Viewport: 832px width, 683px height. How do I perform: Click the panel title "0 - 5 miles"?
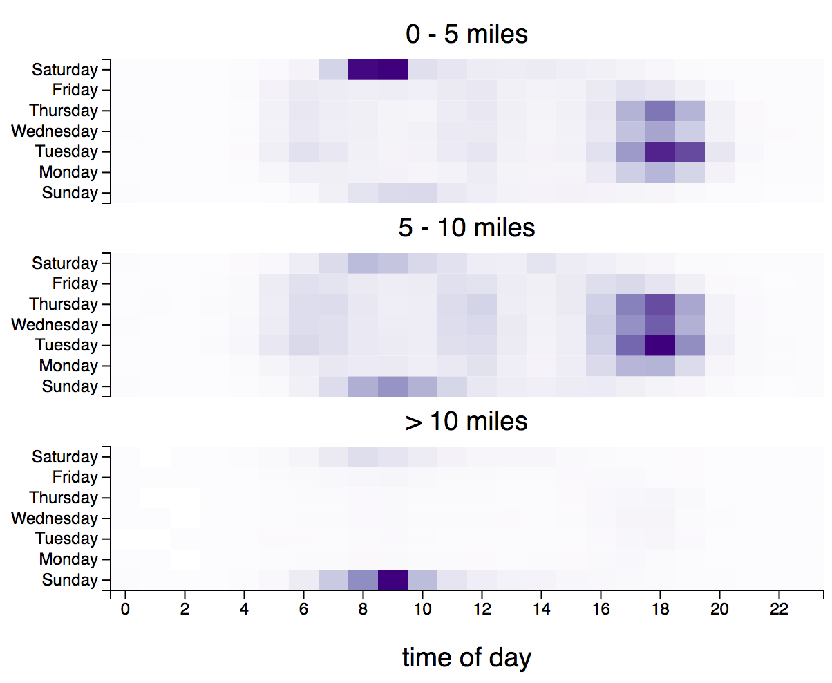coord(466,34)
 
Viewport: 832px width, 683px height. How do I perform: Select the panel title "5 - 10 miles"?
coord(466,227)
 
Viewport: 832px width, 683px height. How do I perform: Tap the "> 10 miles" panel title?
coord(466,421)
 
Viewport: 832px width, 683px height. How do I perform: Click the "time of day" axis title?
coord(466,657)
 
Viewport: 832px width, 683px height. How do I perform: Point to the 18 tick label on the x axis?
coord(661,609)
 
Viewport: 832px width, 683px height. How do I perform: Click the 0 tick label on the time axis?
coord(125,609)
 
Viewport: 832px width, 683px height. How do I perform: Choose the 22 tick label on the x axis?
coord(779,609)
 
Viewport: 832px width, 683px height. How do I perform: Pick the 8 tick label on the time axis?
coord(363,609)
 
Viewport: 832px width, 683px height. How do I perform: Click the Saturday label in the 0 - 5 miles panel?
coord(65,70)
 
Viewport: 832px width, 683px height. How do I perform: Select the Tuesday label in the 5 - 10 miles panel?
coord(67,346)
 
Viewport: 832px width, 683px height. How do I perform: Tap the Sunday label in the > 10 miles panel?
coord(70,580)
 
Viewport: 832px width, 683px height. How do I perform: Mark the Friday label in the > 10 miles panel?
coord(75,477)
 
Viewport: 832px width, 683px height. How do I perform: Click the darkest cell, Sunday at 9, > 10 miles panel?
coord(393,580)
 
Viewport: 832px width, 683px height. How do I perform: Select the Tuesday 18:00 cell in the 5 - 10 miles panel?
coord(661,345)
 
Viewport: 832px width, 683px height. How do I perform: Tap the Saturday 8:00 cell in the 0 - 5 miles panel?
coord(363,70)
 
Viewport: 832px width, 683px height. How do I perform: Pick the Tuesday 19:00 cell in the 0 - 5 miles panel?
coord(690,151)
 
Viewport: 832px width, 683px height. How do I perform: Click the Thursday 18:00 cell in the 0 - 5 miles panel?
coord(661,111)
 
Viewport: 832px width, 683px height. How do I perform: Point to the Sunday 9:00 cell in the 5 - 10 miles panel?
coord(393,386)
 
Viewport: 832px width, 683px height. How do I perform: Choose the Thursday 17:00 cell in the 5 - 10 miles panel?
coord(631,304)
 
